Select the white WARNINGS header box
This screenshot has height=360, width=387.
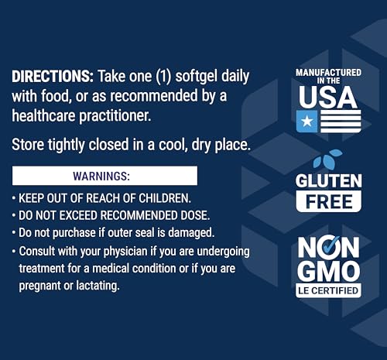click(x=104, y=175)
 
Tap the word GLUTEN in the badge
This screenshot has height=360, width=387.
click(x=328, y=180)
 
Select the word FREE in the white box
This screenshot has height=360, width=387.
click(x=328, y=202)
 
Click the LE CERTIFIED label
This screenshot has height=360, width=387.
click(x=328, y=292)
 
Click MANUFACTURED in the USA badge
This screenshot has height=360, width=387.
click(x=328, y=73)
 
